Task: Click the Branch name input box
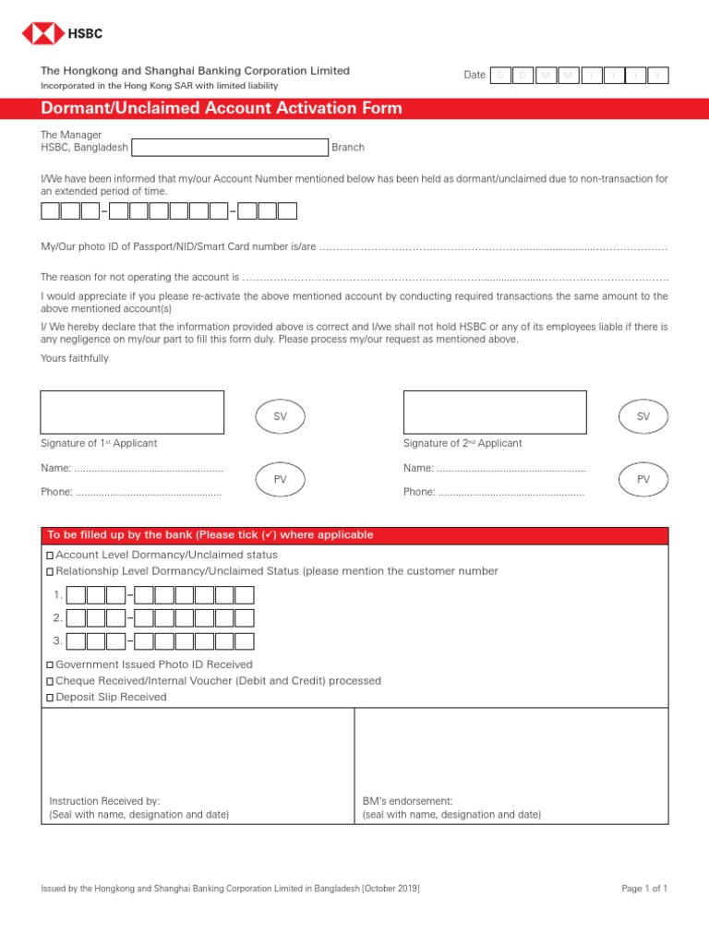click(x=231, y=148)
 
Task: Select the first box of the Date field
click(x=500, y=76)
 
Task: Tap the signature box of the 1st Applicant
click(x=132, y=412)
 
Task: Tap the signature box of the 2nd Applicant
click(x=495, y=412)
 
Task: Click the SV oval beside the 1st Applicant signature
click(x=281, y=417)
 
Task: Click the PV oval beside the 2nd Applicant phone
click(x=643, y=480)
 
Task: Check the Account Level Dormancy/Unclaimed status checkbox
click(x=50, y=556)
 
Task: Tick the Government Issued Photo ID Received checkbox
click(x=50, y=664)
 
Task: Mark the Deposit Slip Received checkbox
click(x=50, y=698)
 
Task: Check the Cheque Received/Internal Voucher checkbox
click(x=50, y=681)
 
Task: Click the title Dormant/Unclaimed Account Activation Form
click(x=222, y=109)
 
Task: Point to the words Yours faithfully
click(x=75, y=358)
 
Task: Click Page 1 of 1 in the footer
click(x=644, y=888)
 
